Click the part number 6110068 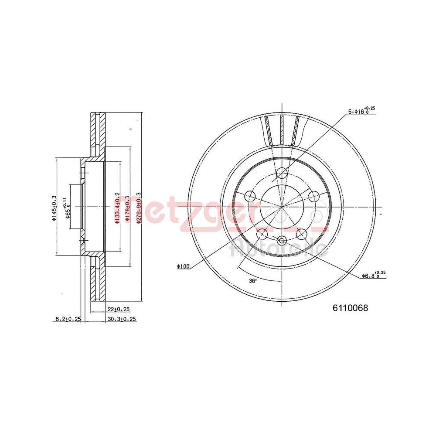pyautogui.click(x=351, y=308)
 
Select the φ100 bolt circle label pyautogui.click(x=184, y=266)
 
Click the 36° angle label pyautogui.click(x=252, y=281)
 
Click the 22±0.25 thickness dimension pyautogui.click(x=119, y=309)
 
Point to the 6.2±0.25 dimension pyautogui.click(x=68, y=319)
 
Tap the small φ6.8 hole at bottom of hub pyautogui.click(x=282, y=239)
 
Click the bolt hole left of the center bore pyautogui.click(x=250, y=196)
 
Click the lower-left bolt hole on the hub pyautogui.click(x=262, y=235)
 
